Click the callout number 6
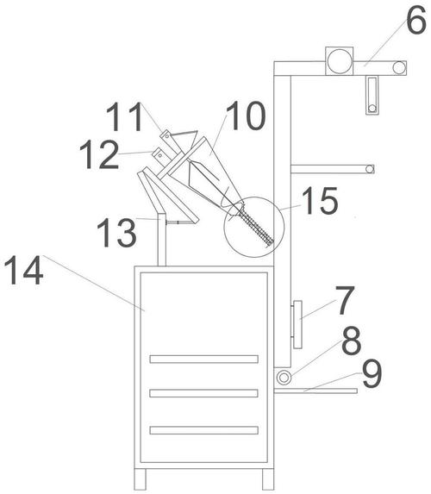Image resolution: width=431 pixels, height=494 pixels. [x=416, y=19]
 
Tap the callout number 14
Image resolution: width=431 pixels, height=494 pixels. [x=23, y=271]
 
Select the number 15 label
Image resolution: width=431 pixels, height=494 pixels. [x=320, y=200]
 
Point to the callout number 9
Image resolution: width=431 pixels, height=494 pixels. [x=372, y=374]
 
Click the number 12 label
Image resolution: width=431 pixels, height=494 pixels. [x=99, y=154]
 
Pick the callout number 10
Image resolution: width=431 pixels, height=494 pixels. [x=246, y=116]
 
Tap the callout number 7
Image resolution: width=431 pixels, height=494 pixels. [x=345, y=300]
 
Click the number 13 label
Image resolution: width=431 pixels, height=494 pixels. [x=117, y=233]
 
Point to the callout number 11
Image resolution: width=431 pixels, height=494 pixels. [x=125, y=117]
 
